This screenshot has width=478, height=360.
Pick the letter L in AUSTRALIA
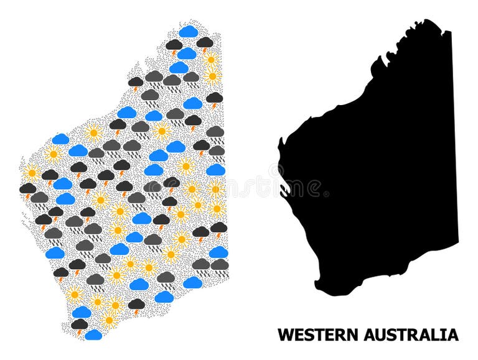tap(438, 335)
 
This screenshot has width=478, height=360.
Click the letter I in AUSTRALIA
tap(446, 335)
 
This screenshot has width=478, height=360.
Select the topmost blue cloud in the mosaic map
tap(189, 31)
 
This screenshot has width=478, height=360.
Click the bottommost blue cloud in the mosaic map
tap(93, 335)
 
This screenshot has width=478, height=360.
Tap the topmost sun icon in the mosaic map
tap(210, 60)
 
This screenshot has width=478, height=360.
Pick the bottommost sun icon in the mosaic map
tap(110, 320)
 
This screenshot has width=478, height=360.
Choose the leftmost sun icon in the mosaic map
tap(31, 172)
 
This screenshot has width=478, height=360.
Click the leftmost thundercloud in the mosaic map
tap(27, 188)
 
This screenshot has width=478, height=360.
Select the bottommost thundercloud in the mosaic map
tap(80, 324)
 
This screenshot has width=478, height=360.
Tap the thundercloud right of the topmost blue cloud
tap(205, 42)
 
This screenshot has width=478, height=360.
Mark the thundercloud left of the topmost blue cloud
tap(174, 45)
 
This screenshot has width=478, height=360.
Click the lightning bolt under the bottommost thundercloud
tap(78, 332)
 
